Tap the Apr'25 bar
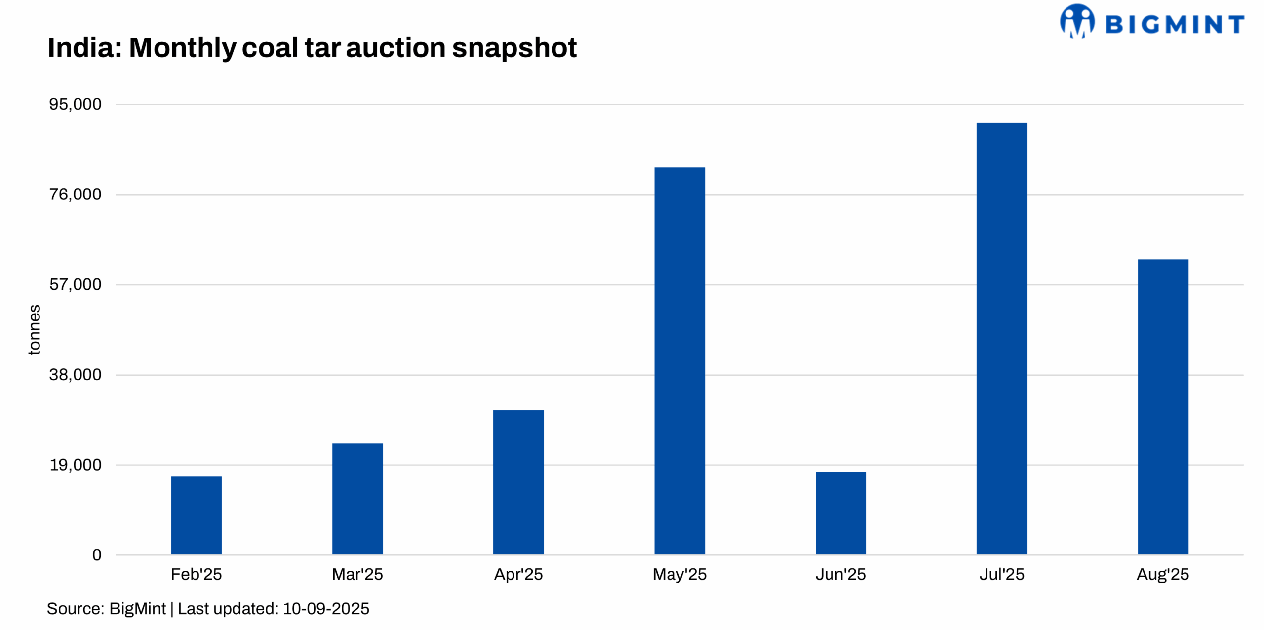click(x=518, y=482)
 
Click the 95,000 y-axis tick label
click(x=75, y=104)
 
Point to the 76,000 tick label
click(x=75, y=195)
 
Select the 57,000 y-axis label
click(x=75, y=284)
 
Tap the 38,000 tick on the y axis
click(x=75, y=375)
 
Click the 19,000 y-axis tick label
click(x=75, y=465)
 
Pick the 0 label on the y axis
click(x=97, y=555)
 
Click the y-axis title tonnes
click(x=34, y=329)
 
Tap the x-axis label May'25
click(x=679, y=574)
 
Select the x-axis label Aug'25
click(x=1163, y=574)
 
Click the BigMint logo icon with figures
click(x=1077, y=21)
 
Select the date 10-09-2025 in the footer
click(x=326, y=609)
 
